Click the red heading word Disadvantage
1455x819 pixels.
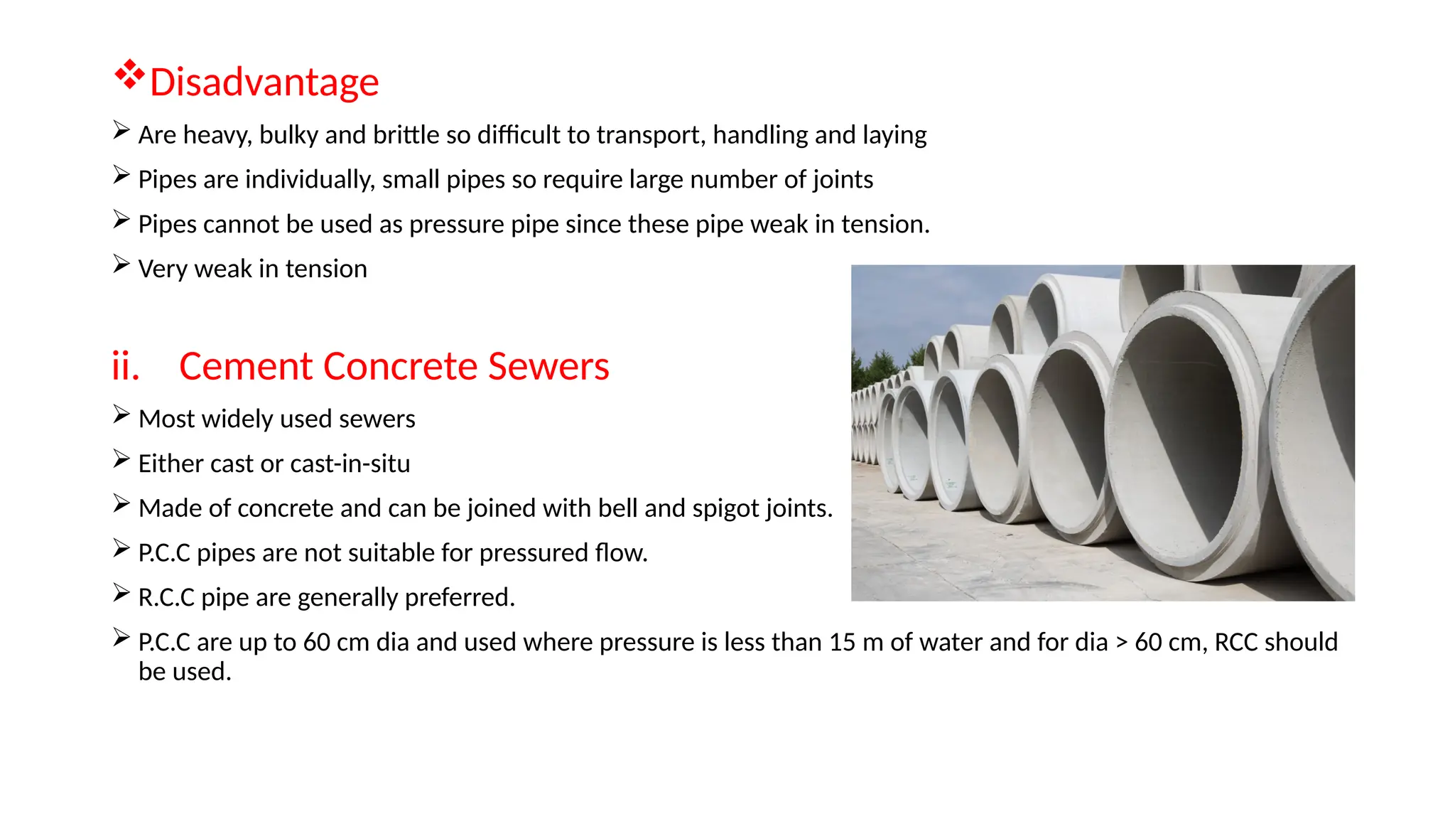coord(264,82)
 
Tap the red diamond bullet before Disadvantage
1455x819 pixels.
coord(129,75)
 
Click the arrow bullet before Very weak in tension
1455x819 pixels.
coord(121,265)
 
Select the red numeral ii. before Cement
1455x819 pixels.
coord(125,367)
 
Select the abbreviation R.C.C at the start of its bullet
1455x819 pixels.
coord(166,598)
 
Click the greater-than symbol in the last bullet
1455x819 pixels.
coord(1122,643)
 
